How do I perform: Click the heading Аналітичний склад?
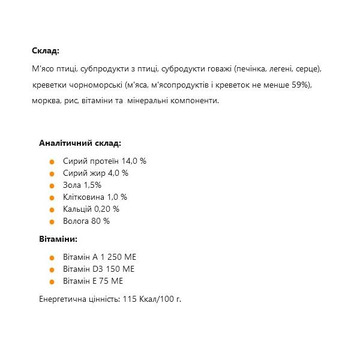(80, 143)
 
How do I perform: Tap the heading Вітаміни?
(58, 239)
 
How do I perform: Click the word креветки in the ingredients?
(50, 85)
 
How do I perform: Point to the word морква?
(47, 101)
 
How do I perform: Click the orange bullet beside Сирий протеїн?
(52, 162)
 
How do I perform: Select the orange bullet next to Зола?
(52, 186)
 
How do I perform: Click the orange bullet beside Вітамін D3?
(52, 270)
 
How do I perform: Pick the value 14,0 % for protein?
(134, 161)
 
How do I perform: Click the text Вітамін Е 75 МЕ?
(93, 281)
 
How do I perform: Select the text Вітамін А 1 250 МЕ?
(100, 257)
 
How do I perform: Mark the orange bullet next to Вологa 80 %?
(52, 222)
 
